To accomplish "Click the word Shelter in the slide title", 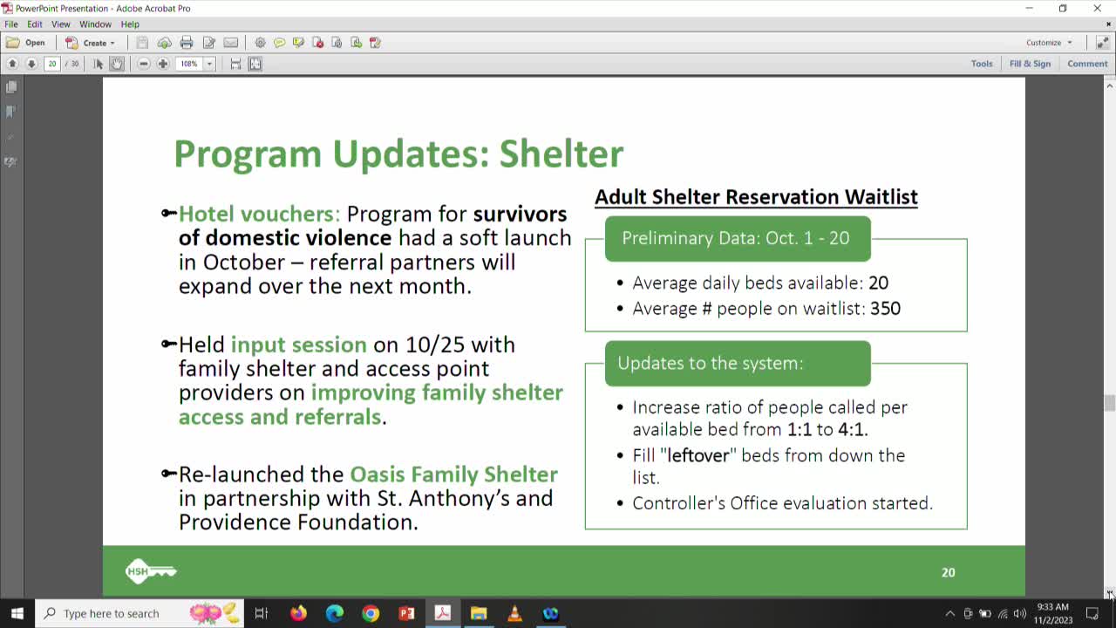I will click(x=561, y=154).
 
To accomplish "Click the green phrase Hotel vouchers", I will click(x=259, y=214).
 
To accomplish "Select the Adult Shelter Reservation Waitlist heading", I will click(x=756, y=197).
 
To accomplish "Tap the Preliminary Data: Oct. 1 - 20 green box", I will click(x=737, y=238).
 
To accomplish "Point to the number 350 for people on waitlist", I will click(x=885, y=308).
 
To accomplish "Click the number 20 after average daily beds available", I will click(x=878, y=283).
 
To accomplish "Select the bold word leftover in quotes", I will click(x=697, y=455).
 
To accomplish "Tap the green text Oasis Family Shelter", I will click(x=453, y=474).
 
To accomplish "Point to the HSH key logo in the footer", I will click(x=151, y=572).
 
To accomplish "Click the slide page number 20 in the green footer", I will click(x=948, y=572).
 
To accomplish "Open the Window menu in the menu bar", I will click(x=95, y=24).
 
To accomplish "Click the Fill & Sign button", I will click(x=1030, y=64).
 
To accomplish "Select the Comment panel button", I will click(x=1087, y=64).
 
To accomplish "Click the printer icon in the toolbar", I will click(x=187, y=43).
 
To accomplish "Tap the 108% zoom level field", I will click(x=189, y=64).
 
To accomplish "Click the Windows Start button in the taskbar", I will click(x=17, y=613).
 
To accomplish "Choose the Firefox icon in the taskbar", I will click(x=298, y=613).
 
